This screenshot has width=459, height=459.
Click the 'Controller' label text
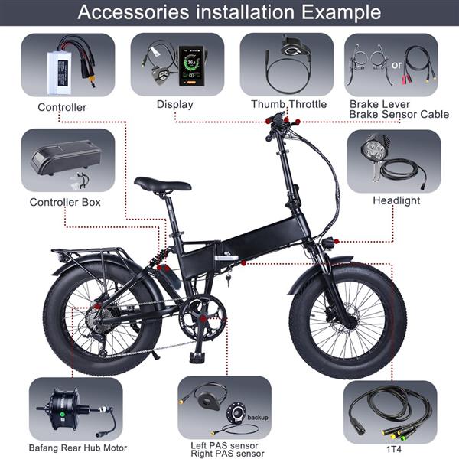[62, 107]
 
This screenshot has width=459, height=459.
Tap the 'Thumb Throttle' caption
[289, 104]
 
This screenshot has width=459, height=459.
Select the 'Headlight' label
[396, 200]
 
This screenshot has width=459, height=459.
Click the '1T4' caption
[394, 449]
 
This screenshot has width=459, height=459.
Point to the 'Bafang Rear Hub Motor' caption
[78, 448]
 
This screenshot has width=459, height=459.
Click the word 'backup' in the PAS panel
[258, 418]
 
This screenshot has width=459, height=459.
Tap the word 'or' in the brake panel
[396, 65]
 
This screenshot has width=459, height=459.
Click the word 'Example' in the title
[341, 12]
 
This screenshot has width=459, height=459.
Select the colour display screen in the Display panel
[191, 66]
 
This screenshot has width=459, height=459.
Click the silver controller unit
[60, 73]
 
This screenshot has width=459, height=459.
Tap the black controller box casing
[66, 157]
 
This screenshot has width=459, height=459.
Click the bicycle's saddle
[162, 184]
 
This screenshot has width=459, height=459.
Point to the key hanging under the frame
[228, 279]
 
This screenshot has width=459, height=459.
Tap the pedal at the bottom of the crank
[197, 357]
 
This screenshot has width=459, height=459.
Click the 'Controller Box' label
[65, 202]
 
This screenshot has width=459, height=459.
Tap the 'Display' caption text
[175, 105]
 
